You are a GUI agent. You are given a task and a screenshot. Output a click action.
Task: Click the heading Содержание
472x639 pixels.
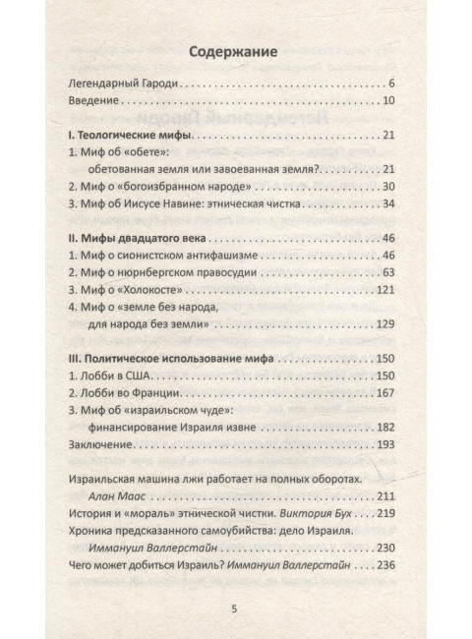click(x=235, y=49)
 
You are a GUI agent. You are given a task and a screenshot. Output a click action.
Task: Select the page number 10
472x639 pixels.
click(x=387, y=100)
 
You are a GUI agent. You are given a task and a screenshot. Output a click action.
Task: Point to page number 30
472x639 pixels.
click(x=387, y=186)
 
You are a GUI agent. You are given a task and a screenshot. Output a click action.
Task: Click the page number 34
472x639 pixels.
click(x=387, y=203)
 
